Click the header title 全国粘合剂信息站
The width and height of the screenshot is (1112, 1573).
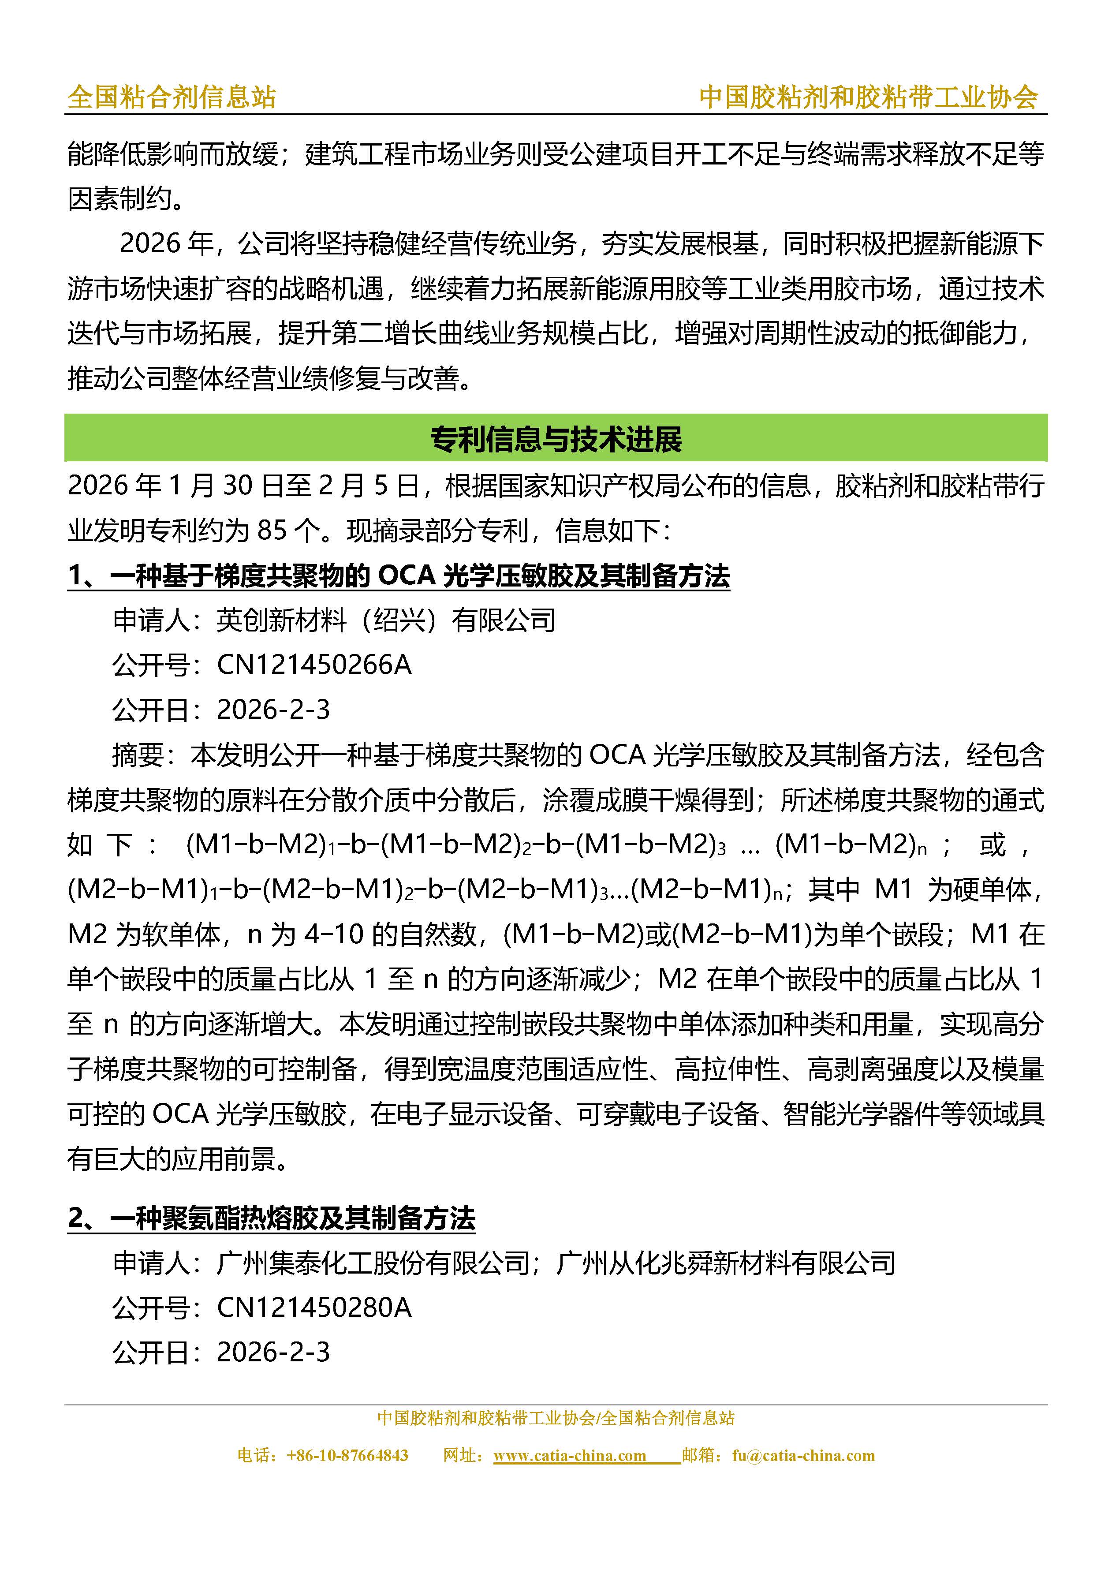click(171, 97)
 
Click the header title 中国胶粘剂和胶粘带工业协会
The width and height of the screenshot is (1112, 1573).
click(869, 97)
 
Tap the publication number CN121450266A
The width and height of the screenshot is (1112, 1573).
click(314, 665)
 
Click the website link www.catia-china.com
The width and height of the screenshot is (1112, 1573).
click(569, 1456)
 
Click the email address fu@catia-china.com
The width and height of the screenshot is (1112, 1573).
click(803, 1456)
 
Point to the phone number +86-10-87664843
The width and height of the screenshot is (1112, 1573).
click(347, 1456)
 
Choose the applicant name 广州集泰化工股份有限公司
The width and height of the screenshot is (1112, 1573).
click(373, 1263)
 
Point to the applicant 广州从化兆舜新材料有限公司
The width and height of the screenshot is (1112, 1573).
click(726, 1263)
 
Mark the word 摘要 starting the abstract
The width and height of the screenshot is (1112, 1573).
click(138, 755)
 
